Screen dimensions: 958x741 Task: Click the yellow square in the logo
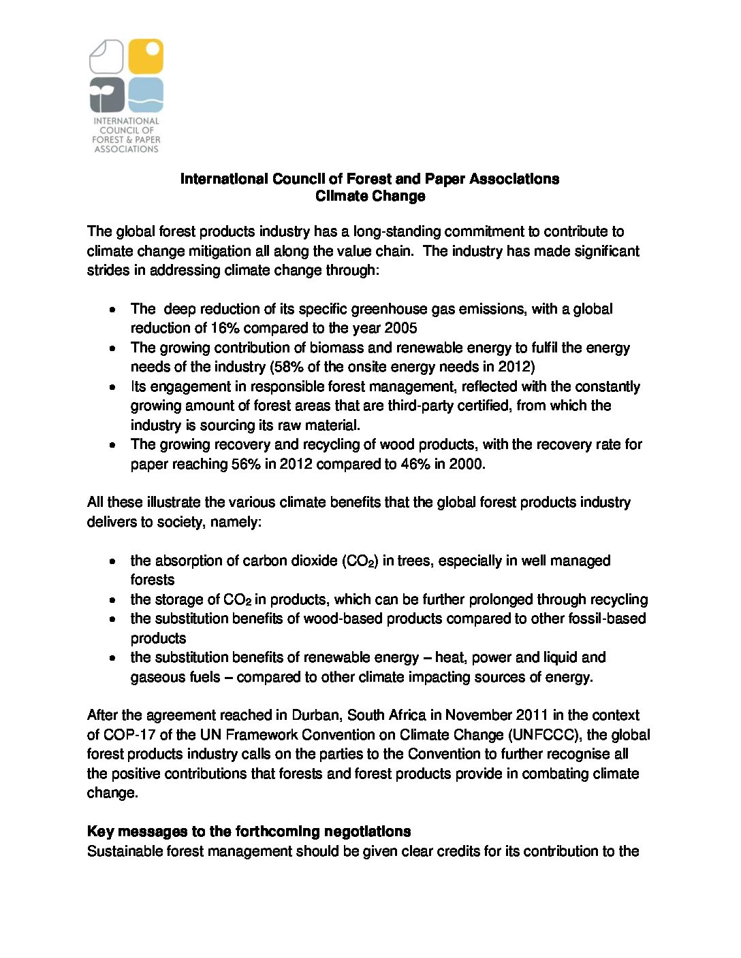(x=146, y=56)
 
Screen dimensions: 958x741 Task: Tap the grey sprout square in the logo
(x=107, y=95)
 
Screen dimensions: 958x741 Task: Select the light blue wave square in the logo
(x=146, y=95)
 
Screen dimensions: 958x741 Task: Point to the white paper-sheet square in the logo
(x=107, y=56)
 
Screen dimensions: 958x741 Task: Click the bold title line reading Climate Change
(x=370, y=196)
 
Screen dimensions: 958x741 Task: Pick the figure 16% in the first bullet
(x=223, y=328)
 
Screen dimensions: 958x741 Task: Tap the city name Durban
(x=316, y=715)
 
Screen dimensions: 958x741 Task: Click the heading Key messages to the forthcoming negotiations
(x=249, y=831)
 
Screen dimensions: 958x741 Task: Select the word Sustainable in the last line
(x=125, y=851)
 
